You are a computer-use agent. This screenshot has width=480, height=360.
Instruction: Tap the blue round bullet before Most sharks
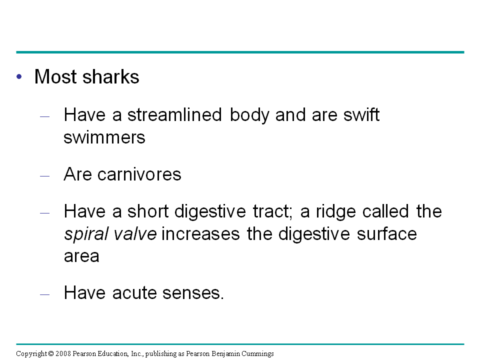pyautogui.click(x=19, y=76)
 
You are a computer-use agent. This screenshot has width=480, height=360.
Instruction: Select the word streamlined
pyautogui.click(x=174, y=115)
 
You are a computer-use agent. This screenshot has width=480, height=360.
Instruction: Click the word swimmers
pyautogui.click(x=104, y=137)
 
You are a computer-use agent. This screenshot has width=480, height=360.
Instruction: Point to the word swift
pyautogui.click(x=361, y=115)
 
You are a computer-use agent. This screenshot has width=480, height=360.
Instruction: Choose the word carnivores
pyautogui.click(x=139, y=174)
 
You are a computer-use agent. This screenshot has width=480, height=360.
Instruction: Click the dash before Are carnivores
pyautogui.click(x=44, y=176)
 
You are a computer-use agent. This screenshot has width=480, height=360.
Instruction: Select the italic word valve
pyautogui.click(x=135, y=234)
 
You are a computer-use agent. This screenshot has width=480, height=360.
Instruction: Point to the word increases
pyautogui.click(x=200, y=234)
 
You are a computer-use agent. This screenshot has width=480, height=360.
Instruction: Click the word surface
pyautogui.click(x=387, y=234)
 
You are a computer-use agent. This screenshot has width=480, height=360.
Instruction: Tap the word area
pyautogui.click(x=81, y=256)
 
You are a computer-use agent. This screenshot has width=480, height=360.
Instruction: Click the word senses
pyautogui.click(x=193, y=293)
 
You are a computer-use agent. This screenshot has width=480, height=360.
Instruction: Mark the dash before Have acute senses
pyautogui.click(x=44, y=294)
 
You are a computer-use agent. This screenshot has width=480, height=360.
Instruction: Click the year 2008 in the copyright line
pyautogui.click(x=63, y=354)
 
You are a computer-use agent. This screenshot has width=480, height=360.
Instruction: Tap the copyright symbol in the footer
pyautogui.click(x=51, y=354)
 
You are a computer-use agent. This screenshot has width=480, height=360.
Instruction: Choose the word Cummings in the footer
pyautogui.click(x=257, y=354)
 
